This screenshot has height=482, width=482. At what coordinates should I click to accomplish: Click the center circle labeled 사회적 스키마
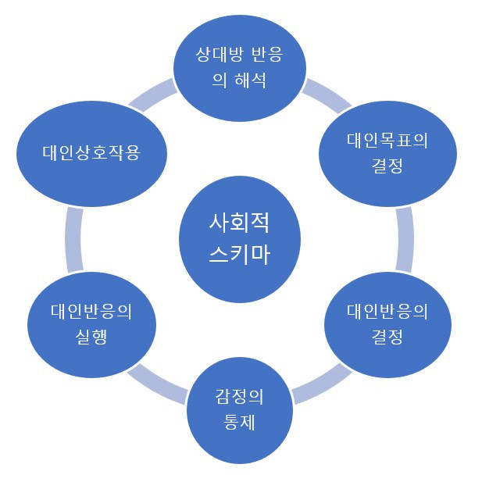240,240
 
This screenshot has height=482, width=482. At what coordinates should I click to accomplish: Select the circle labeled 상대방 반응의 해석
239,66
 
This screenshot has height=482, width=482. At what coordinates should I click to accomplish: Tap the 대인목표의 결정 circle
387,152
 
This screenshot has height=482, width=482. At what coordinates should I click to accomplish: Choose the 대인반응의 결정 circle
387,323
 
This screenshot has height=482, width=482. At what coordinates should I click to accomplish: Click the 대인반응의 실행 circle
91,323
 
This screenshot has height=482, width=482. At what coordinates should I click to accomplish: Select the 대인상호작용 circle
91,152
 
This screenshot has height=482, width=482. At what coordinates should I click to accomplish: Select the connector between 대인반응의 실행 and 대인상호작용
73,238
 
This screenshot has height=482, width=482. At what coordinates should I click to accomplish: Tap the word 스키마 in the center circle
240,255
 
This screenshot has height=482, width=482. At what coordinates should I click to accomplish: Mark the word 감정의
239,397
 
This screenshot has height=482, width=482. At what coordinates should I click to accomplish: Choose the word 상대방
219,55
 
